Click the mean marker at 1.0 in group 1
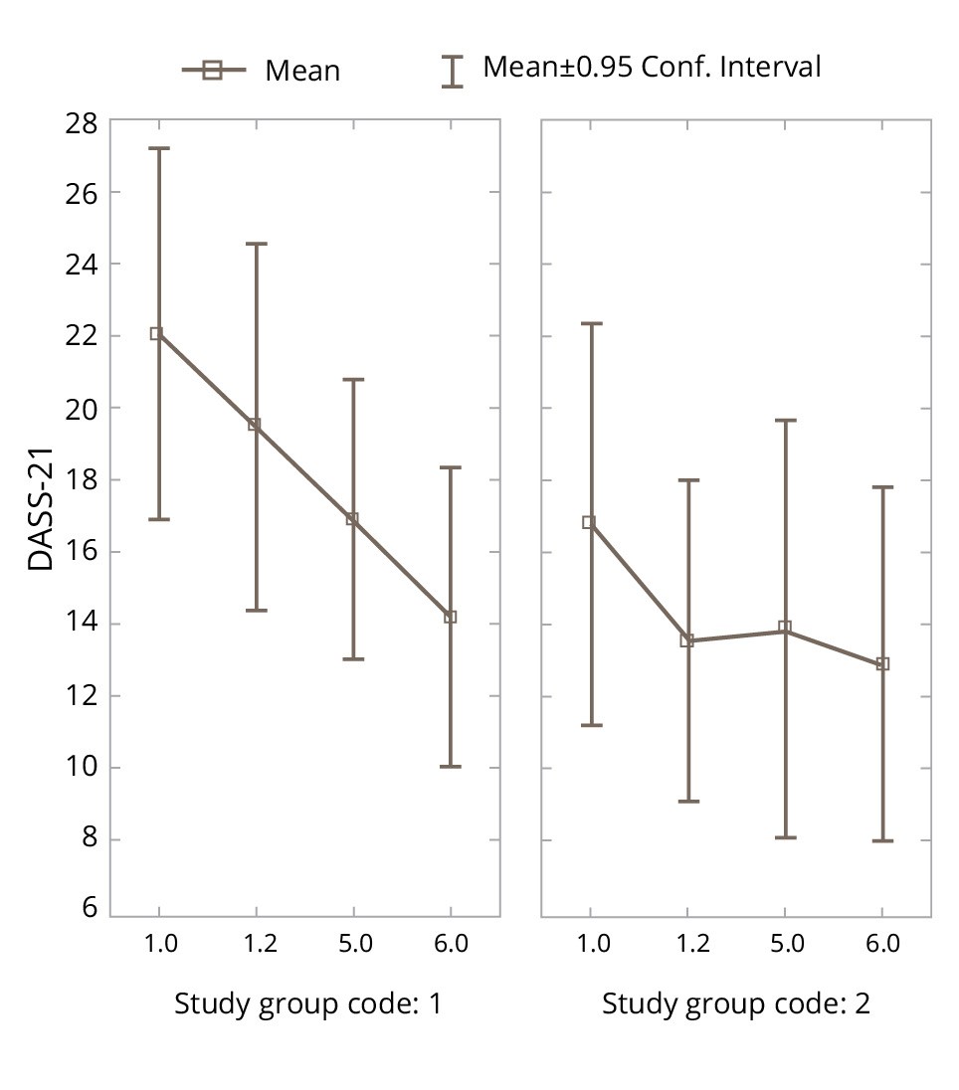[x=157, y=334]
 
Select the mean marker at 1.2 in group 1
[x=255, y=426]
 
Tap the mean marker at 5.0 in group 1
[x=352, y=519]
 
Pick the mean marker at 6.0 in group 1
[x=450, y=617]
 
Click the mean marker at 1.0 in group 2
[x=589, y=522]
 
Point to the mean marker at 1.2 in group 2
[x=686, y=640]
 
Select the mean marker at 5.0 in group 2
[x=785, y=628]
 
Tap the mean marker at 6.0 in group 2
[x=882, y=664]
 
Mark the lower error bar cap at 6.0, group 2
[x=882, y=840]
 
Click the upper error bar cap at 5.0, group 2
[x=785, y=421]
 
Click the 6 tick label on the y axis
[x=90, y=907]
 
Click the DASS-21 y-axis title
[x=41, y=517]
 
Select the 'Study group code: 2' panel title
[x=735, y=1004]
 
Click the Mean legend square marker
[x=212, y=70]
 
